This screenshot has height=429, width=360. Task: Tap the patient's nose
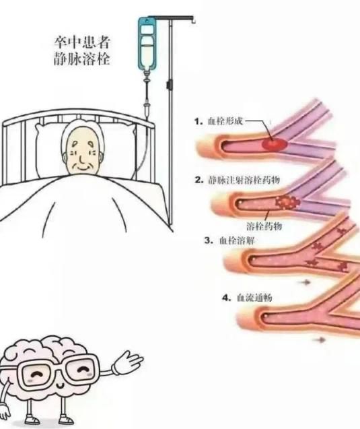82,159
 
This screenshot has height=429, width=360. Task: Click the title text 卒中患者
82,42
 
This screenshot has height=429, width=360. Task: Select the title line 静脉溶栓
82,59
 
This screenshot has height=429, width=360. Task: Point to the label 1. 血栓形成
218,121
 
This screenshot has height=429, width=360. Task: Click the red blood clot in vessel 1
275,144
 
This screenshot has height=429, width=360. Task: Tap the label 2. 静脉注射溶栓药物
237,180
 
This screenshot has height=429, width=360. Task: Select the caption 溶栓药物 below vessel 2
264,226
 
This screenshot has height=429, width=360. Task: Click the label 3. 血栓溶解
229,240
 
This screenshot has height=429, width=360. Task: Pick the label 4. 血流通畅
247,298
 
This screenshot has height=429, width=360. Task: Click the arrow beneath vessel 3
306,282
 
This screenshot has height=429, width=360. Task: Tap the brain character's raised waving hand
128,362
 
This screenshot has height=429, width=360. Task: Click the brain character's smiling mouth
60,385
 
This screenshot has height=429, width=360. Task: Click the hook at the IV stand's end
193,20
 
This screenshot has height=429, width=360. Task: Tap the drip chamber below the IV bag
147,78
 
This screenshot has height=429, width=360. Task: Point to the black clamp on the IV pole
170,84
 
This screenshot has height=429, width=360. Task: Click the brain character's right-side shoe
67,420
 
